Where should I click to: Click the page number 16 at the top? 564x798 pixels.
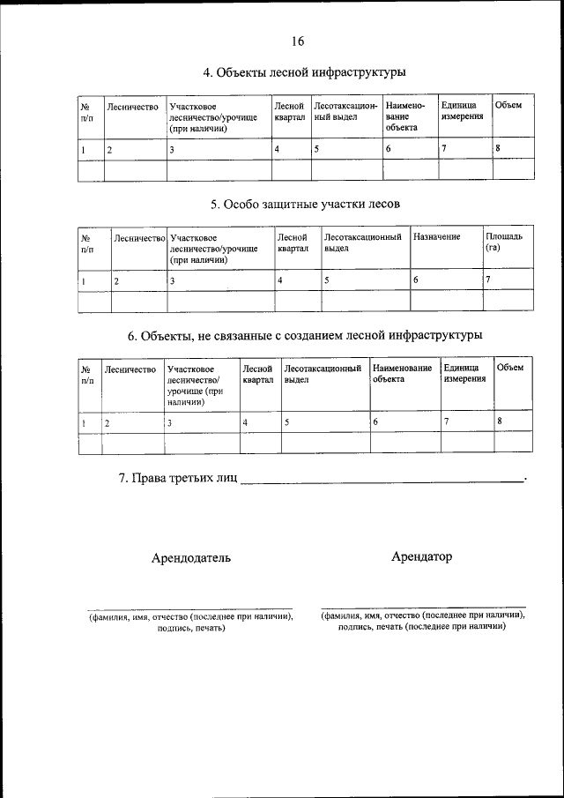tap(297, 41)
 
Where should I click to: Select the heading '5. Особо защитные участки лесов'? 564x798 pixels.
tap(305, 205)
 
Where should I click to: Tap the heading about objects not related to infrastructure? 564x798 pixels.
tap(305, 336)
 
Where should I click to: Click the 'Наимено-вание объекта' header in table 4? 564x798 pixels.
tap(405, 116)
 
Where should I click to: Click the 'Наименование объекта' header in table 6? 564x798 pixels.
tap(402, 373)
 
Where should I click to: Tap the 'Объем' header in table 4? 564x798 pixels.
tap(508, 106)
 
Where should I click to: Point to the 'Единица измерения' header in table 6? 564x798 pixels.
tap(464, 373)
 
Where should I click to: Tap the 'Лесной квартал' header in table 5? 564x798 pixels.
tap(292, 242)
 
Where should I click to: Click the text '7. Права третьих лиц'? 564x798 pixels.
tap(177, 479)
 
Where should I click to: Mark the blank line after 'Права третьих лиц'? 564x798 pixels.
tap(381, 481)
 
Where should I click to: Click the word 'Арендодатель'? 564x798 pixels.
tap(191, 558)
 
